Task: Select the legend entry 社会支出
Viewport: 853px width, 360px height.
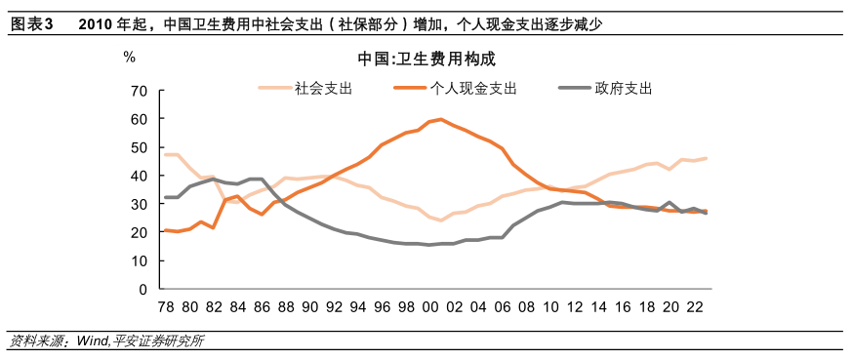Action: click(322, 88)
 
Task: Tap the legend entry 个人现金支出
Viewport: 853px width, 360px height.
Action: click(473, 88)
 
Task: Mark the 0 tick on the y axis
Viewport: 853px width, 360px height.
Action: click(142, 290)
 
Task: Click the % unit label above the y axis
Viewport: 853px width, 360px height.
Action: click(129, 56)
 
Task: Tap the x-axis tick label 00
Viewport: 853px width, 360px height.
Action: click(428, 306)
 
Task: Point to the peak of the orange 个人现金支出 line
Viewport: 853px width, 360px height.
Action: click(441, 119)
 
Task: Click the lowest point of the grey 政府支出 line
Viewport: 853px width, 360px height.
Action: click(429, 245)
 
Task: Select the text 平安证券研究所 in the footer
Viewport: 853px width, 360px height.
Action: click(156, 341)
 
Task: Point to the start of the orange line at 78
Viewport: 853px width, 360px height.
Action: click(165, 230)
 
